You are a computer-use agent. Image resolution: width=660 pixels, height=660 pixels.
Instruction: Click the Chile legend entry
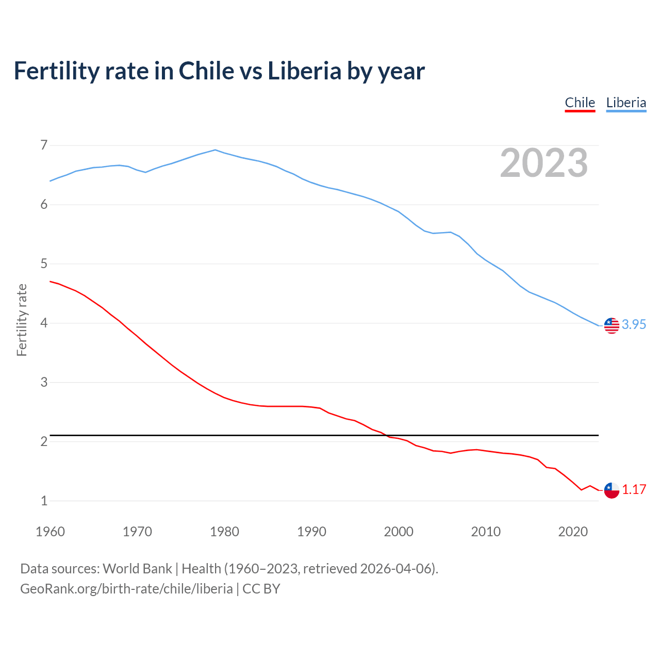click(x=580, y=103)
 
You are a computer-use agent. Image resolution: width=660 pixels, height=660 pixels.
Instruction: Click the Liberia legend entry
click(x=626, y=103)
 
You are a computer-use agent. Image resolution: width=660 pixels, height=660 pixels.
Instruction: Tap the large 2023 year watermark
click(x=544, y=163)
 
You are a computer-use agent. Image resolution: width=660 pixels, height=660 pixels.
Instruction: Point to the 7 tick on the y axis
click(x=44, y=145)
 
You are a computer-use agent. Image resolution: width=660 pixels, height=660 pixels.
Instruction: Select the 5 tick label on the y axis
click(x=44, y=264)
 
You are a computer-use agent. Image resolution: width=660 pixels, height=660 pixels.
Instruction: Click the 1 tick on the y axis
click(x=44, y=501)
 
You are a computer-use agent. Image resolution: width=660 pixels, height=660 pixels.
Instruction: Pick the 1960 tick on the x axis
click(x=50, y=532)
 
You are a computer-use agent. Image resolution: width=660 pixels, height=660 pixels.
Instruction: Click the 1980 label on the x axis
click(x=224, y=532)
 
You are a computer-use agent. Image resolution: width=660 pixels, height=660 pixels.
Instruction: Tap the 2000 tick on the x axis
click(x=399, y=532)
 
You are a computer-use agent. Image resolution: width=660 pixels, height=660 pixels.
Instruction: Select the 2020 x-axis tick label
click(x=573, y=532)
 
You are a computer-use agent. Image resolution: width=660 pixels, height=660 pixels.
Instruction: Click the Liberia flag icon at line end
click(x=612, y=325)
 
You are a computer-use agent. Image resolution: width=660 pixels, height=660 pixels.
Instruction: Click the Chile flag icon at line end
click(x=612, y=490)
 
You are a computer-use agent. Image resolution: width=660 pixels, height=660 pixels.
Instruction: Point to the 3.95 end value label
click(x=634, y=324)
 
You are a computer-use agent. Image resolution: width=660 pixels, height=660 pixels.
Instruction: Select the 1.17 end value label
click(x=634, y=489)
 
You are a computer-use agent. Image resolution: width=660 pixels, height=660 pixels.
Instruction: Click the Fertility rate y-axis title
click(x=22, y=320)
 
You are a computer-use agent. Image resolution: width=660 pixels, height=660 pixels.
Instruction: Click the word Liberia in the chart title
click(x=304, y=71)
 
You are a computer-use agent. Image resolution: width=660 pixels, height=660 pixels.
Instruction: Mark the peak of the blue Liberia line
click(x=216, y=150)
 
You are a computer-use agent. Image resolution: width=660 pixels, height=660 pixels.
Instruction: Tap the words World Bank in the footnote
click(x=137, y=568)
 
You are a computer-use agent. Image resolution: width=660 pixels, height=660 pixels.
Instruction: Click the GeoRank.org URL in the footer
click(x=126, y=589)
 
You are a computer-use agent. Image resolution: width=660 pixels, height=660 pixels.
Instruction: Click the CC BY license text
click(x=261, y=589)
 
